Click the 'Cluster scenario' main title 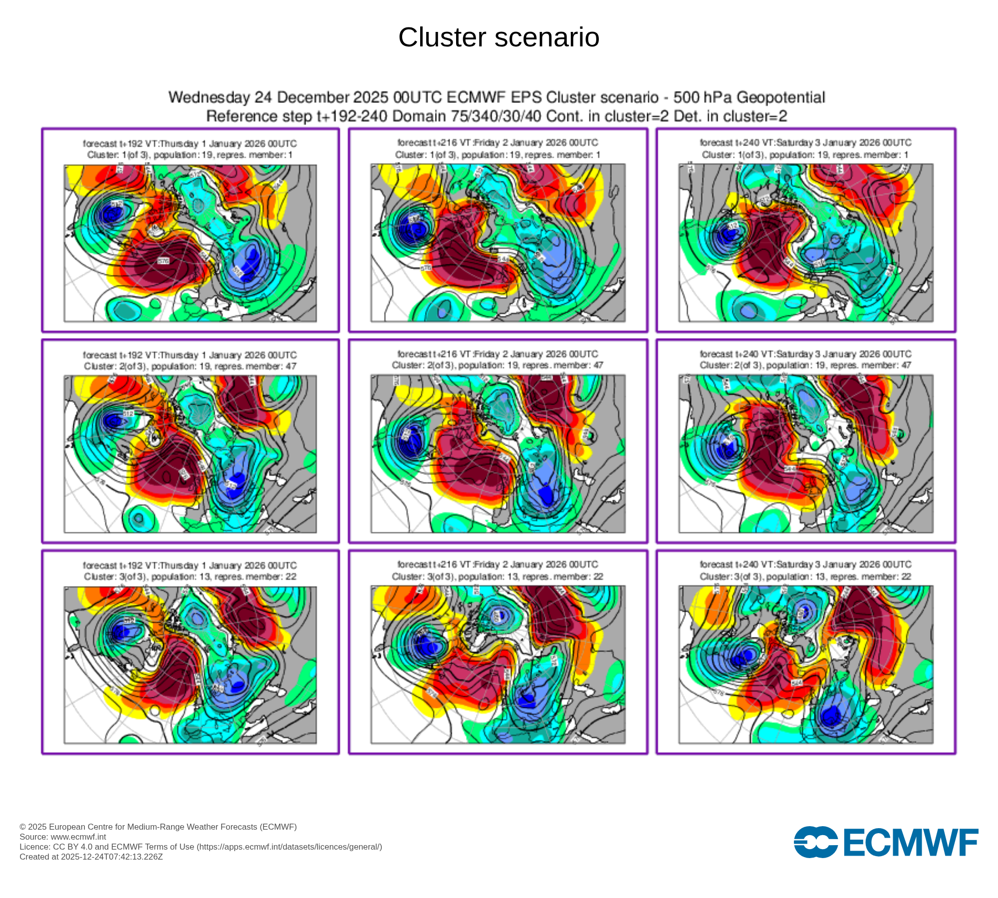click(x=499, y=37)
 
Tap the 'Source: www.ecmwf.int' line click(x=63, y=837)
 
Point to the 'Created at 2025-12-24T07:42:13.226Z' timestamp click(x=91, y=857)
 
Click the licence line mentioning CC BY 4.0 click(x=201, y=847)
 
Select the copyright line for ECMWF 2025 click(x=158, y=827)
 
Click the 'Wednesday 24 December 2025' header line click(x=497, y=97)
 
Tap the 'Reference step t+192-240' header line click(x=497, y=116)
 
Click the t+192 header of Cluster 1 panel click(x=190, y=144)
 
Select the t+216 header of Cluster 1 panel click(x=498, y=143)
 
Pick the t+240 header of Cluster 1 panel click(x=805, y=143)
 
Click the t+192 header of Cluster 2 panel click(x=190, y=355)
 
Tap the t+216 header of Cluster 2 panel click(x=498, y=354)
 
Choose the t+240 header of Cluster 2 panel click(x=805, y=354)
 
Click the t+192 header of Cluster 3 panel click(x=190, y=566)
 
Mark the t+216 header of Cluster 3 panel click(x=498, y=565)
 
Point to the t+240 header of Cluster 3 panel click(x=805, y=565)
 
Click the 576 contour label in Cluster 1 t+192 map click(x=164, y=261)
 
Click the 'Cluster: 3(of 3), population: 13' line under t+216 click(x=498, y=577)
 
